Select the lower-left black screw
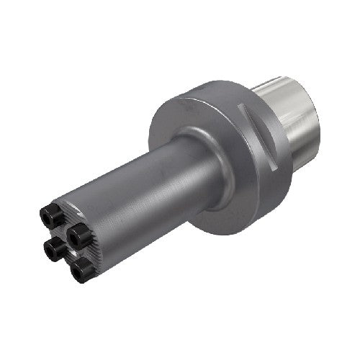52,251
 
